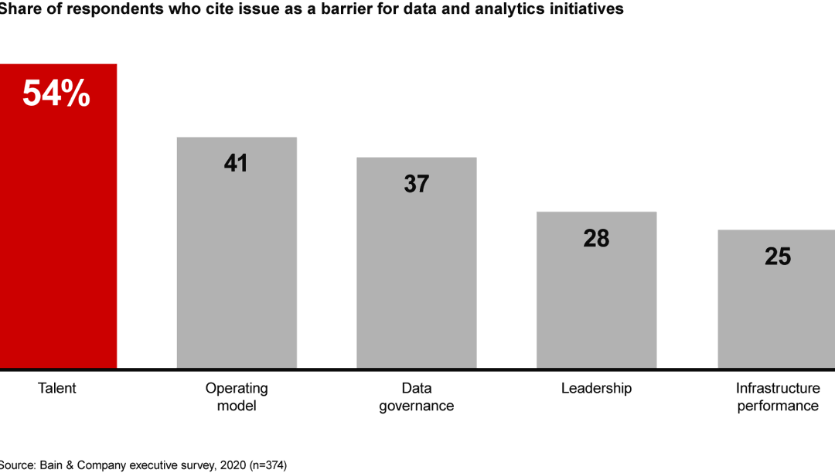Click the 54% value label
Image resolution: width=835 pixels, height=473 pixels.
click(x=56, y=94)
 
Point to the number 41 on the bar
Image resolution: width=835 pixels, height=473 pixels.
click(x=236, y=163)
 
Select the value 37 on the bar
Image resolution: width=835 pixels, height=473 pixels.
click(x=416, y=184)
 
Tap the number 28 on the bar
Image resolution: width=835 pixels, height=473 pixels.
click(x=596, y=238)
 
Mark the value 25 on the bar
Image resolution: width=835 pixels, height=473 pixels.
click(x=777, y=257)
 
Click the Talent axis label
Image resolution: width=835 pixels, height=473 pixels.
click(x=57, y=388)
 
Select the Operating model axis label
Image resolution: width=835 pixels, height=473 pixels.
click(x=237, y=396)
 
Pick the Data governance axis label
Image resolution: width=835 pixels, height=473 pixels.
click(x=416, y=396)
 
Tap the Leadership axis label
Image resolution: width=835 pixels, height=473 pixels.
click(x=596, y=388)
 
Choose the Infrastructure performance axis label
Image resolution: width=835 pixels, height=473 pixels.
click(x=777, y=396)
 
